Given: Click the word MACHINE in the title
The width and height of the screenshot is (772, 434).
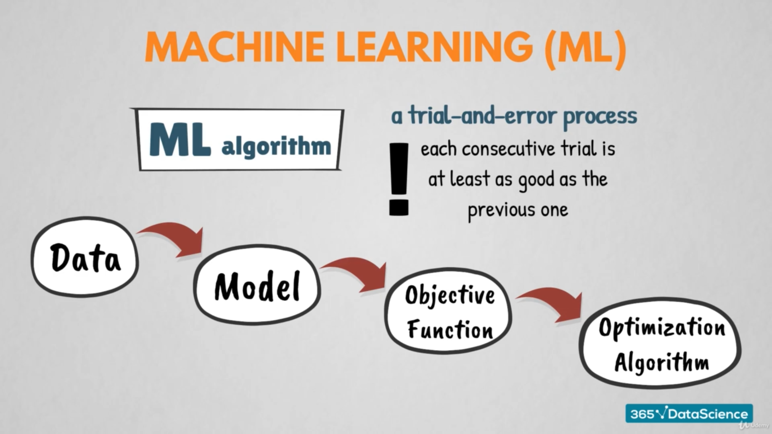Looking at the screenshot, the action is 235,47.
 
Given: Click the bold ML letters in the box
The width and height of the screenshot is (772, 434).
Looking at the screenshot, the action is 180,139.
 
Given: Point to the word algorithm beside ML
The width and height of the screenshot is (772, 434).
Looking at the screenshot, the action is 276,146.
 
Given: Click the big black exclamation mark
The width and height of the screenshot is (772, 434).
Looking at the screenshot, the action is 399,179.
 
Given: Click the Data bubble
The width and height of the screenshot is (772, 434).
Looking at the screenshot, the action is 85,257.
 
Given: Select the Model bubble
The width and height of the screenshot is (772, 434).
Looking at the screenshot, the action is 257,285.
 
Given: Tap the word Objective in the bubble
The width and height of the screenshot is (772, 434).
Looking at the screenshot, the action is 450,296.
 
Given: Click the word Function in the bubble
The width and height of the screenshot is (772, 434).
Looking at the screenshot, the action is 450,330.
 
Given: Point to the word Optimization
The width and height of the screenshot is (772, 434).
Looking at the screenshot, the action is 662,328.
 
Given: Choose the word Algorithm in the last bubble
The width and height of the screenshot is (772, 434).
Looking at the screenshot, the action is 662,361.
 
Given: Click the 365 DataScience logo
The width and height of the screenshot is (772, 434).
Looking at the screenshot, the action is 689,414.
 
